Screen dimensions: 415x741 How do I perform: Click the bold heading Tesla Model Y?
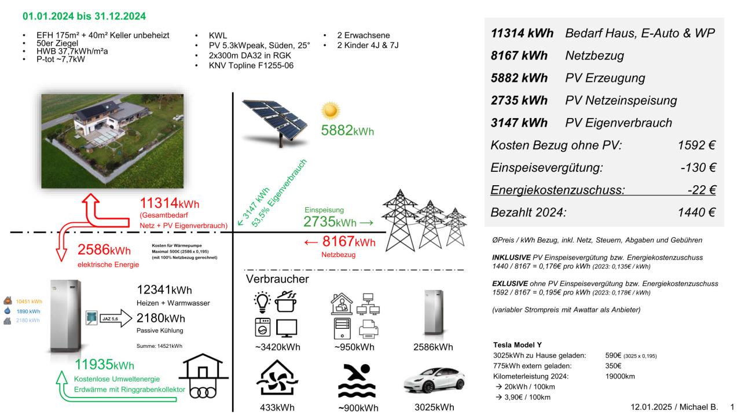[518, 344]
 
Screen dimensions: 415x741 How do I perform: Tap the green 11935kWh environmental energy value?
[105, 365]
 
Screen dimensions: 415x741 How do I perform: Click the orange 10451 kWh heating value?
[28, 301]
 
